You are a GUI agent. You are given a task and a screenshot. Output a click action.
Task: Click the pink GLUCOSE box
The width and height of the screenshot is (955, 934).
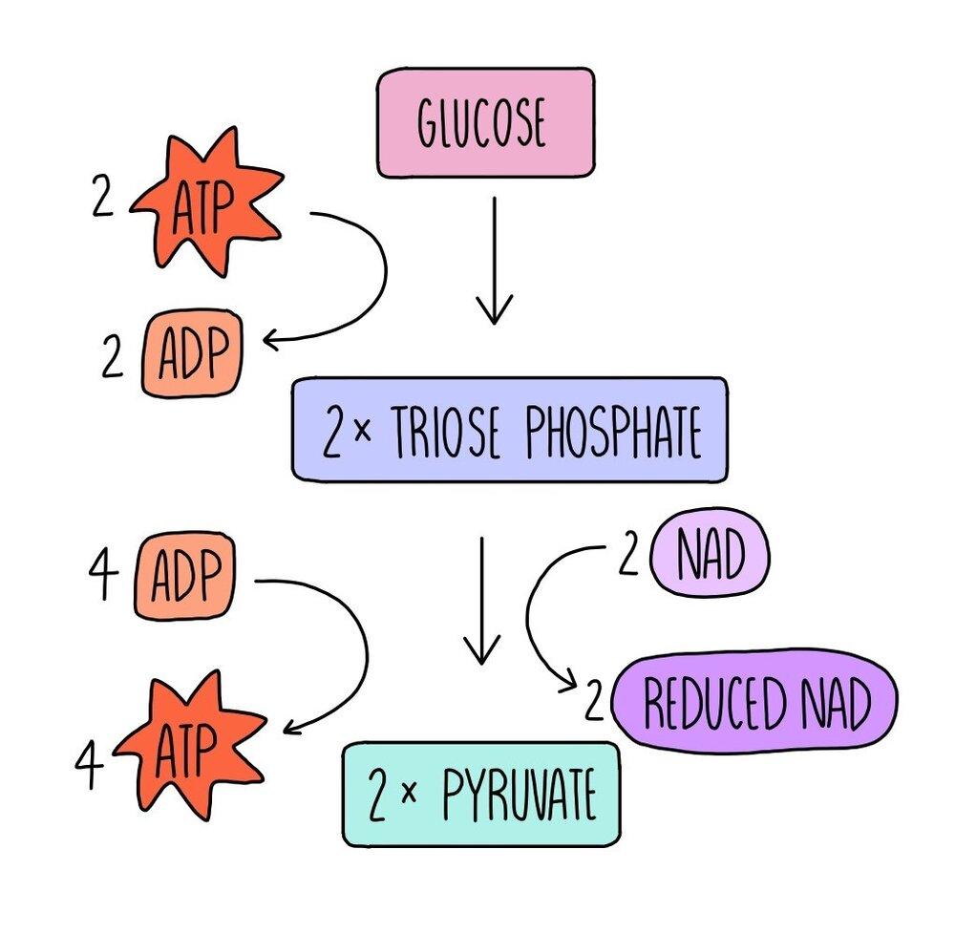[484, 122]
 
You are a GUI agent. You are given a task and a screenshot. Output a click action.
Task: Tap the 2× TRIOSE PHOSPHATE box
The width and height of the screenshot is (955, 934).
[509, 429]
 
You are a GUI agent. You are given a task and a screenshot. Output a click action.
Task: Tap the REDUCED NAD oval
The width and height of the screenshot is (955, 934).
[755, 704]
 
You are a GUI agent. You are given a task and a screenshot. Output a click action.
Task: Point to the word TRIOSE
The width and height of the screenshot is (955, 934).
[441, 433]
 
